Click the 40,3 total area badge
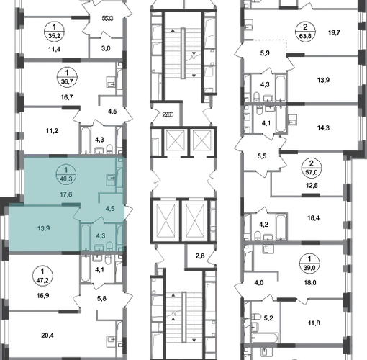click(x=66, y=175)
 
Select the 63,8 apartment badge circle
click(x=305, y=32)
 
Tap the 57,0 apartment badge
click(x=312, y=168)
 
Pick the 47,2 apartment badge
click(x=42, y=276)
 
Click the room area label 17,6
click(x=66, y=194)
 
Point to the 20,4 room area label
click(x=47, y=336)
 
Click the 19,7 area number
click(x=334, y=32)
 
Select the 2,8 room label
click(x=200, y=256)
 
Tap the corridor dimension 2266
click(x=168, y=114)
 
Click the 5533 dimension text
click(x=107, y=18)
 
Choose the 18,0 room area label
click(x=310, y=282)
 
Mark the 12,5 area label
click(x=312, y=185)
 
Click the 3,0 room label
click(x=106, y=48)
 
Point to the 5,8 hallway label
click(x=101, y=299)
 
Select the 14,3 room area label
click(x=323, y=127)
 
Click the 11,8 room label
click(x=314, y=323)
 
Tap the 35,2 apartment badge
click(x=54, y=31)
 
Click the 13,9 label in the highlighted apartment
click(x=44, y=228)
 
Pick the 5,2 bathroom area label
click(x=268, y=318)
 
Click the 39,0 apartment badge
click(x=309, y=264)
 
